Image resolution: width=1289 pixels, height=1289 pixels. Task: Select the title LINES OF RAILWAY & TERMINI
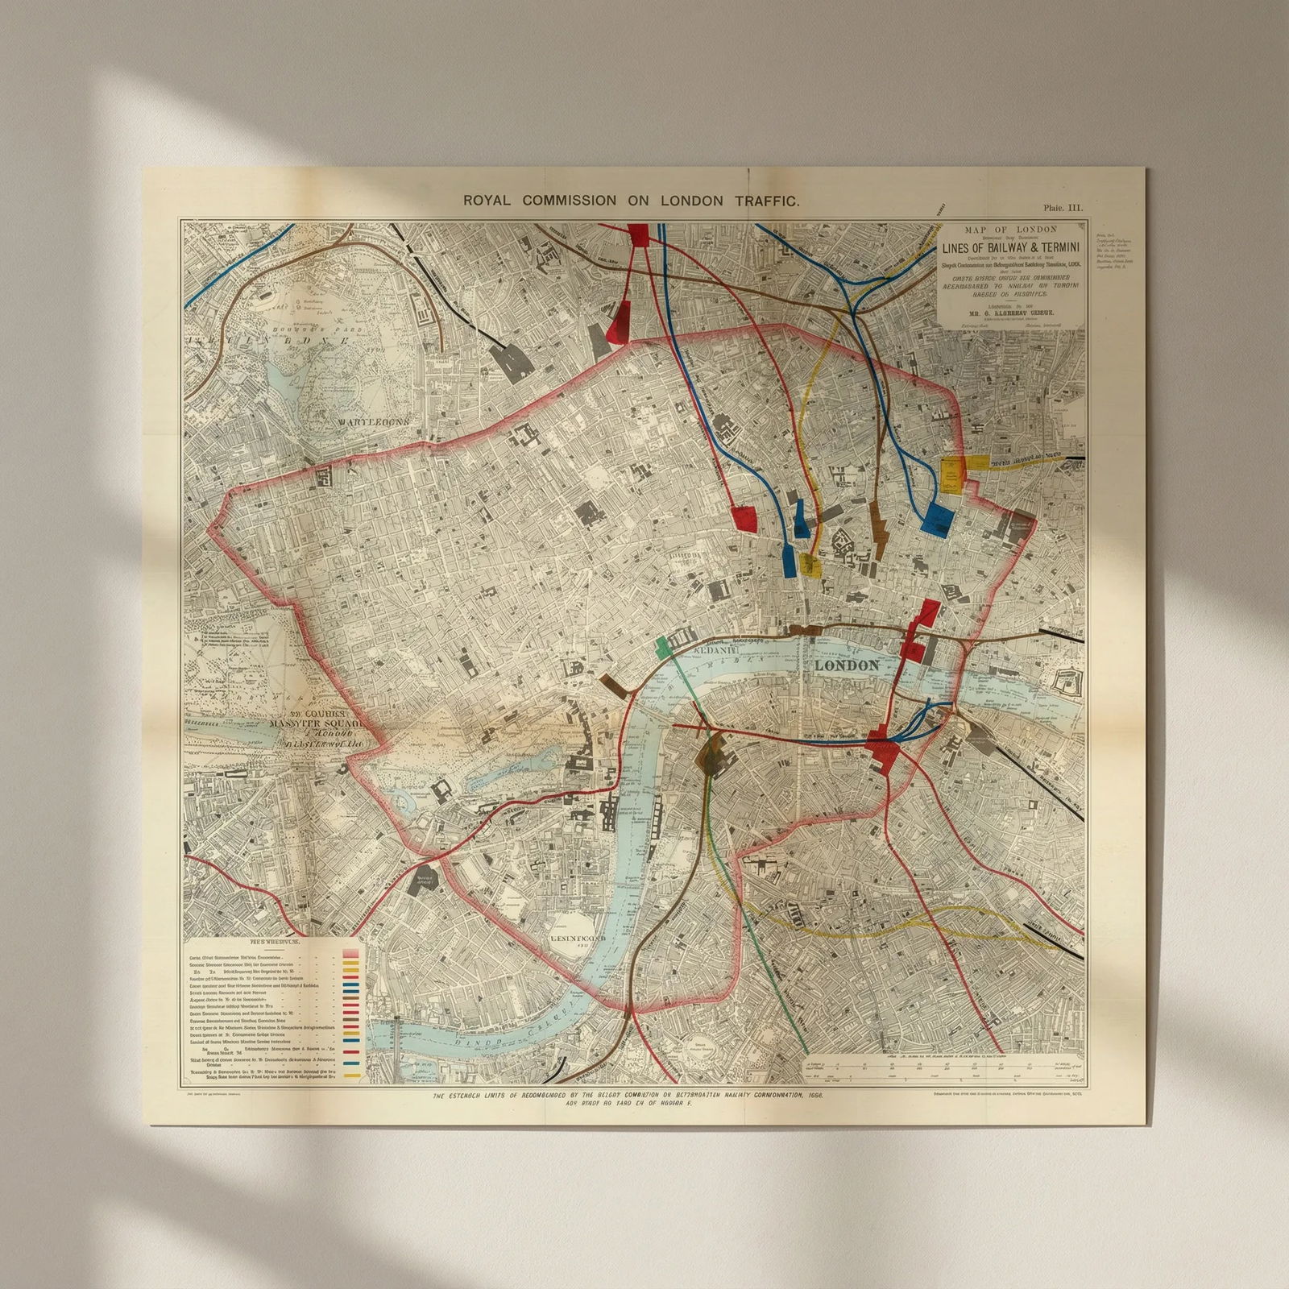tap(1014, 248)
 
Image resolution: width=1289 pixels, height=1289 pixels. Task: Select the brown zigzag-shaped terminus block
tap(879, 527)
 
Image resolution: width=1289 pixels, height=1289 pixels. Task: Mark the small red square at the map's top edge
tap(637, 233)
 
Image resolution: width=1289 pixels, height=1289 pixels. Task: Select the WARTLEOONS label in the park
tap(374, 421)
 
